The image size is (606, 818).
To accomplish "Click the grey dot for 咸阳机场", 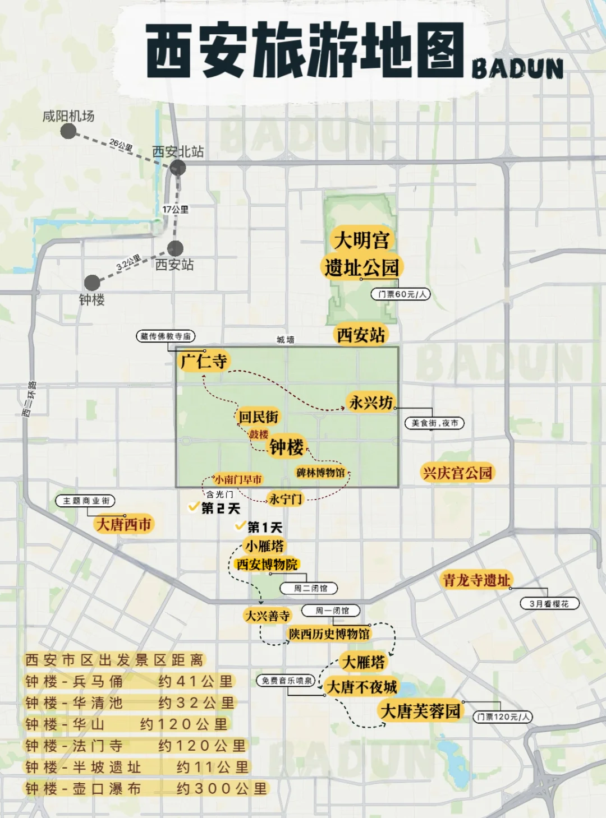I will [68, 131].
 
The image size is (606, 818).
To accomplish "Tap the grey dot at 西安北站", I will [178, 167].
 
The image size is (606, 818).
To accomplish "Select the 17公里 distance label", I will [176, 209].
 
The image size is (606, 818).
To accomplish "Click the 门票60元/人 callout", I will [401, 294].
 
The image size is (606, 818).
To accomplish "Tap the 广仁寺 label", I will [203, 361].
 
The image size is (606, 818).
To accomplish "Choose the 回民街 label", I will [258, 417].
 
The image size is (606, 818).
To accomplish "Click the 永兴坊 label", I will [371, 402].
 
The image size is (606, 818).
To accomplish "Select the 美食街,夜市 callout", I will [434, 423].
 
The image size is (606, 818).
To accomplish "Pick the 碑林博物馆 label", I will [320, 473].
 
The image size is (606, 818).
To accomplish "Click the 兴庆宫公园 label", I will [457, 473].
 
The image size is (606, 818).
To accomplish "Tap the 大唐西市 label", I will [124, 524].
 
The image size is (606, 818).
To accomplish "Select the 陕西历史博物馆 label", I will [329, 634].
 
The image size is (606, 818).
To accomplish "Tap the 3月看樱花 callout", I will [549, 604].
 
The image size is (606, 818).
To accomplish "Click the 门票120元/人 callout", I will [503, 717].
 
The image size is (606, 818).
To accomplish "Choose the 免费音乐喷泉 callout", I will [286, 681].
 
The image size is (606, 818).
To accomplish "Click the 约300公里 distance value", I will [222, 788].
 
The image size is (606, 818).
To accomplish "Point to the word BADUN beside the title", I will [517, 69].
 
